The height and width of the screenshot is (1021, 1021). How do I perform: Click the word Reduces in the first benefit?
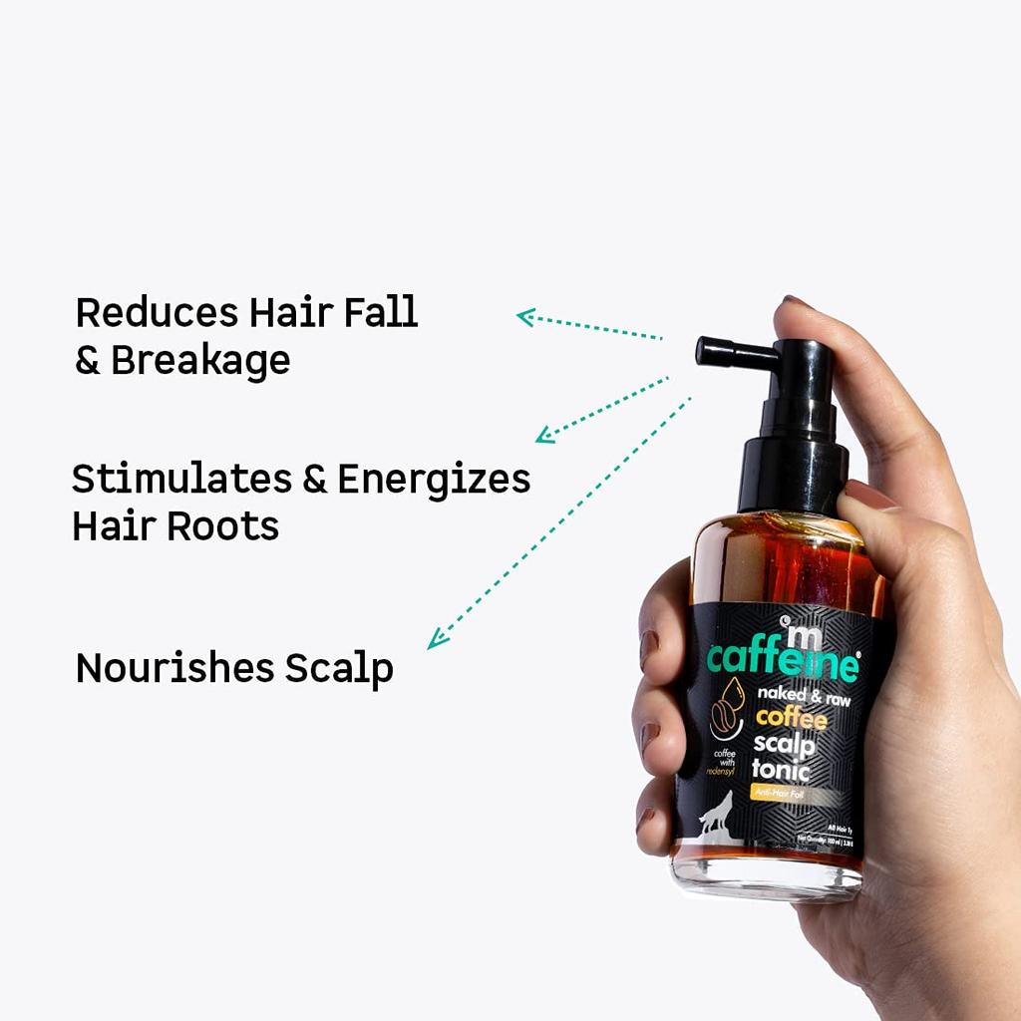pyautogui.click(x=157, y=312)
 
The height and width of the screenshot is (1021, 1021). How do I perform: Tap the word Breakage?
pyautogui.click(x=199, y=360)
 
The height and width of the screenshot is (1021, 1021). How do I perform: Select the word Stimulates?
pyautogui.click(x=178, y=480)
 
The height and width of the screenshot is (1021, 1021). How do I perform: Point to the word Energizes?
pyautogui.click(x=433, y=481)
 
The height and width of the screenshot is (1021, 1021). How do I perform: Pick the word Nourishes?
pyautogui.click(x=174, y=668)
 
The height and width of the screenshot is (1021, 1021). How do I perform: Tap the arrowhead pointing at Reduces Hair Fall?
pyautogui.click(x=523, y=316)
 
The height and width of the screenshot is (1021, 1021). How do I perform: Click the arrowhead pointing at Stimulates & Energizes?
pyautogui.click(x=542, y=436)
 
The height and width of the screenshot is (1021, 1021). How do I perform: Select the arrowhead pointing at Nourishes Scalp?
pyautogui.click(x=434, y=643)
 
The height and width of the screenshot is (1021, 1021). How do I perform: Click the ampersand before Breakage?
pyautogui.click(x=88, y=361)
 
